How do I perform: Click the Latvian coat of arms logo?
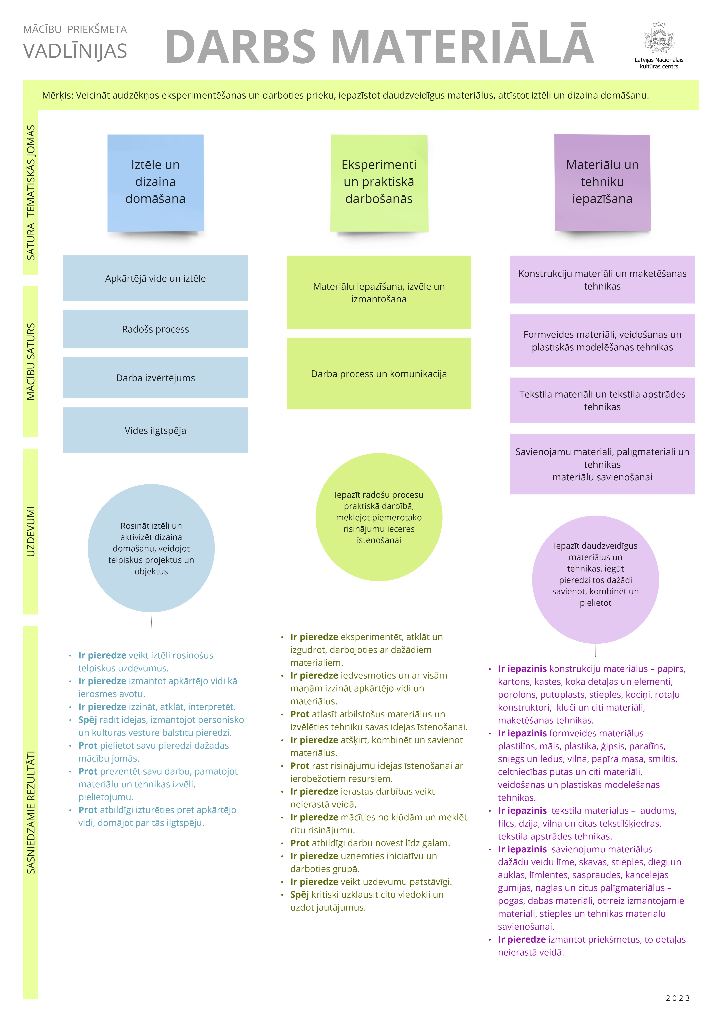click(x=659, y=38)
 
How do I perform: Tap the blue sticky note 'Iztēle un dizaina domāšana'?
click(x=156, y=182)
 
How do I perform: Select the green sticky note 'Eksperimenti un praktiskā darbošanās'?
click(x=379, y=182)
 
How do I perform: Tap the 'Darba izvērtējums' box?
click(x=156, y=378)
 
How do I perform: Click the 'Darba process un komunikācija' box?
click(x=379, y=374)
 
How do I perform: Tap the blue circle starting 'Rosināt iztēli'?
click(x=151, y=548)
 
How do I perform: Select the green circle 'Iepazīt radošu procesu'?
click(x=379, y=517)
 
